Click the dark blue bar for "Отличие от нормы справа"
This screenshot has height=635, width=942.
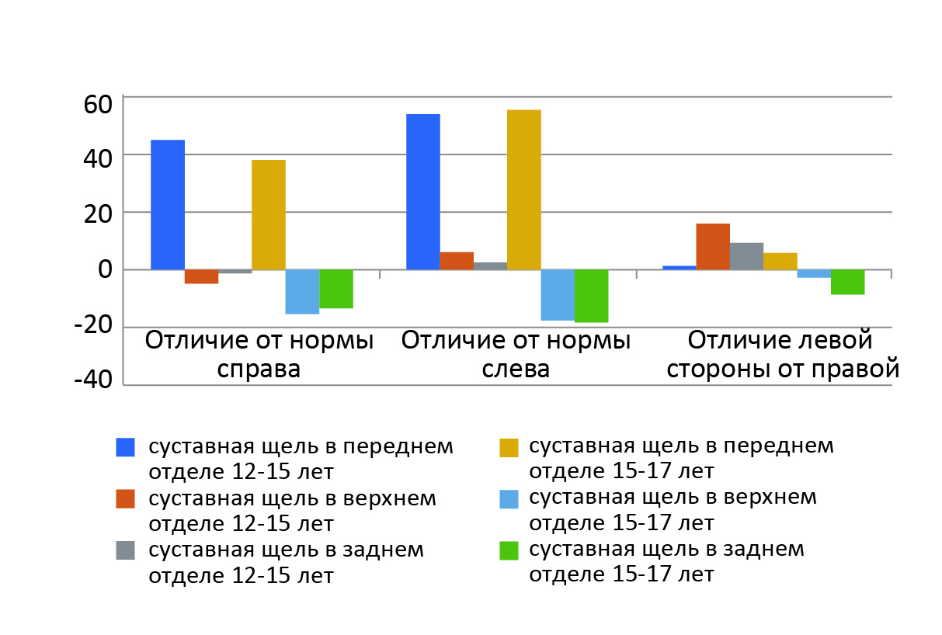[x=167, y=205]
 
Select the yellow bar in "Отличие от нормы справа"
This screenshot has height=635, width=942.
[x=268, y=215]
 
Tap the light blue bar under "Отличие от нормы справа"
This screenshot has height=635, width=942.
[x=302, y=292]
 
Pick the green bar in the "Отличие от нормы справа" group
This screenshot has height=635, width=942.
[x=336, y=289]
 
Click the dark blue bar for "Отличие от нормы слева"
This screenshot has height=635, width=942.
[x=422, y=192]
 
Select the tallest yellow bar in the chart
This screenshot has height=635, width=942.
[x=523, y=189]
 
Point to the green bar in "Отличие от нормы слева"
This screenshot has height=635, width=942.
[x=591, y=296]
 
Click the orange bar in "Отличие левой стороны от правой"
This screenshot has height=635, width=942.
[x=712, y=247]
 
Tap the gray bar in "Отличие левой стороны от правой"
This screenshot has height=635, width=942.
[x=746, y=256]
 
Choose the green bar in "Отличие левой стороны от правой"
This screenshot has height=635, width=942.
[x=847, y=282]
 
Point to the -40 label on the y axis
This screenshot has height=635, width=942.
[x=93, y=381]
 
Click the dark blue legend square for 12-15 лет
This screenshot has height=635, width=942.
[x=125, y=447]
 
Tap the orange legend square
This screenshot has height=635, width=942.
[x=125, y=498]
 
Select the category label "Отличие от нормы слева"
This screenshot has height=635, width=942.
[x=516, y=353]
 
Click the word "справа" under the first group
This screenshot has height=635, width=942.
[x=259, y=368]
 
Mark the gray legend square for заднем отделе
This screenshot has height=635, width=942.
[x=125, y=550]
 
